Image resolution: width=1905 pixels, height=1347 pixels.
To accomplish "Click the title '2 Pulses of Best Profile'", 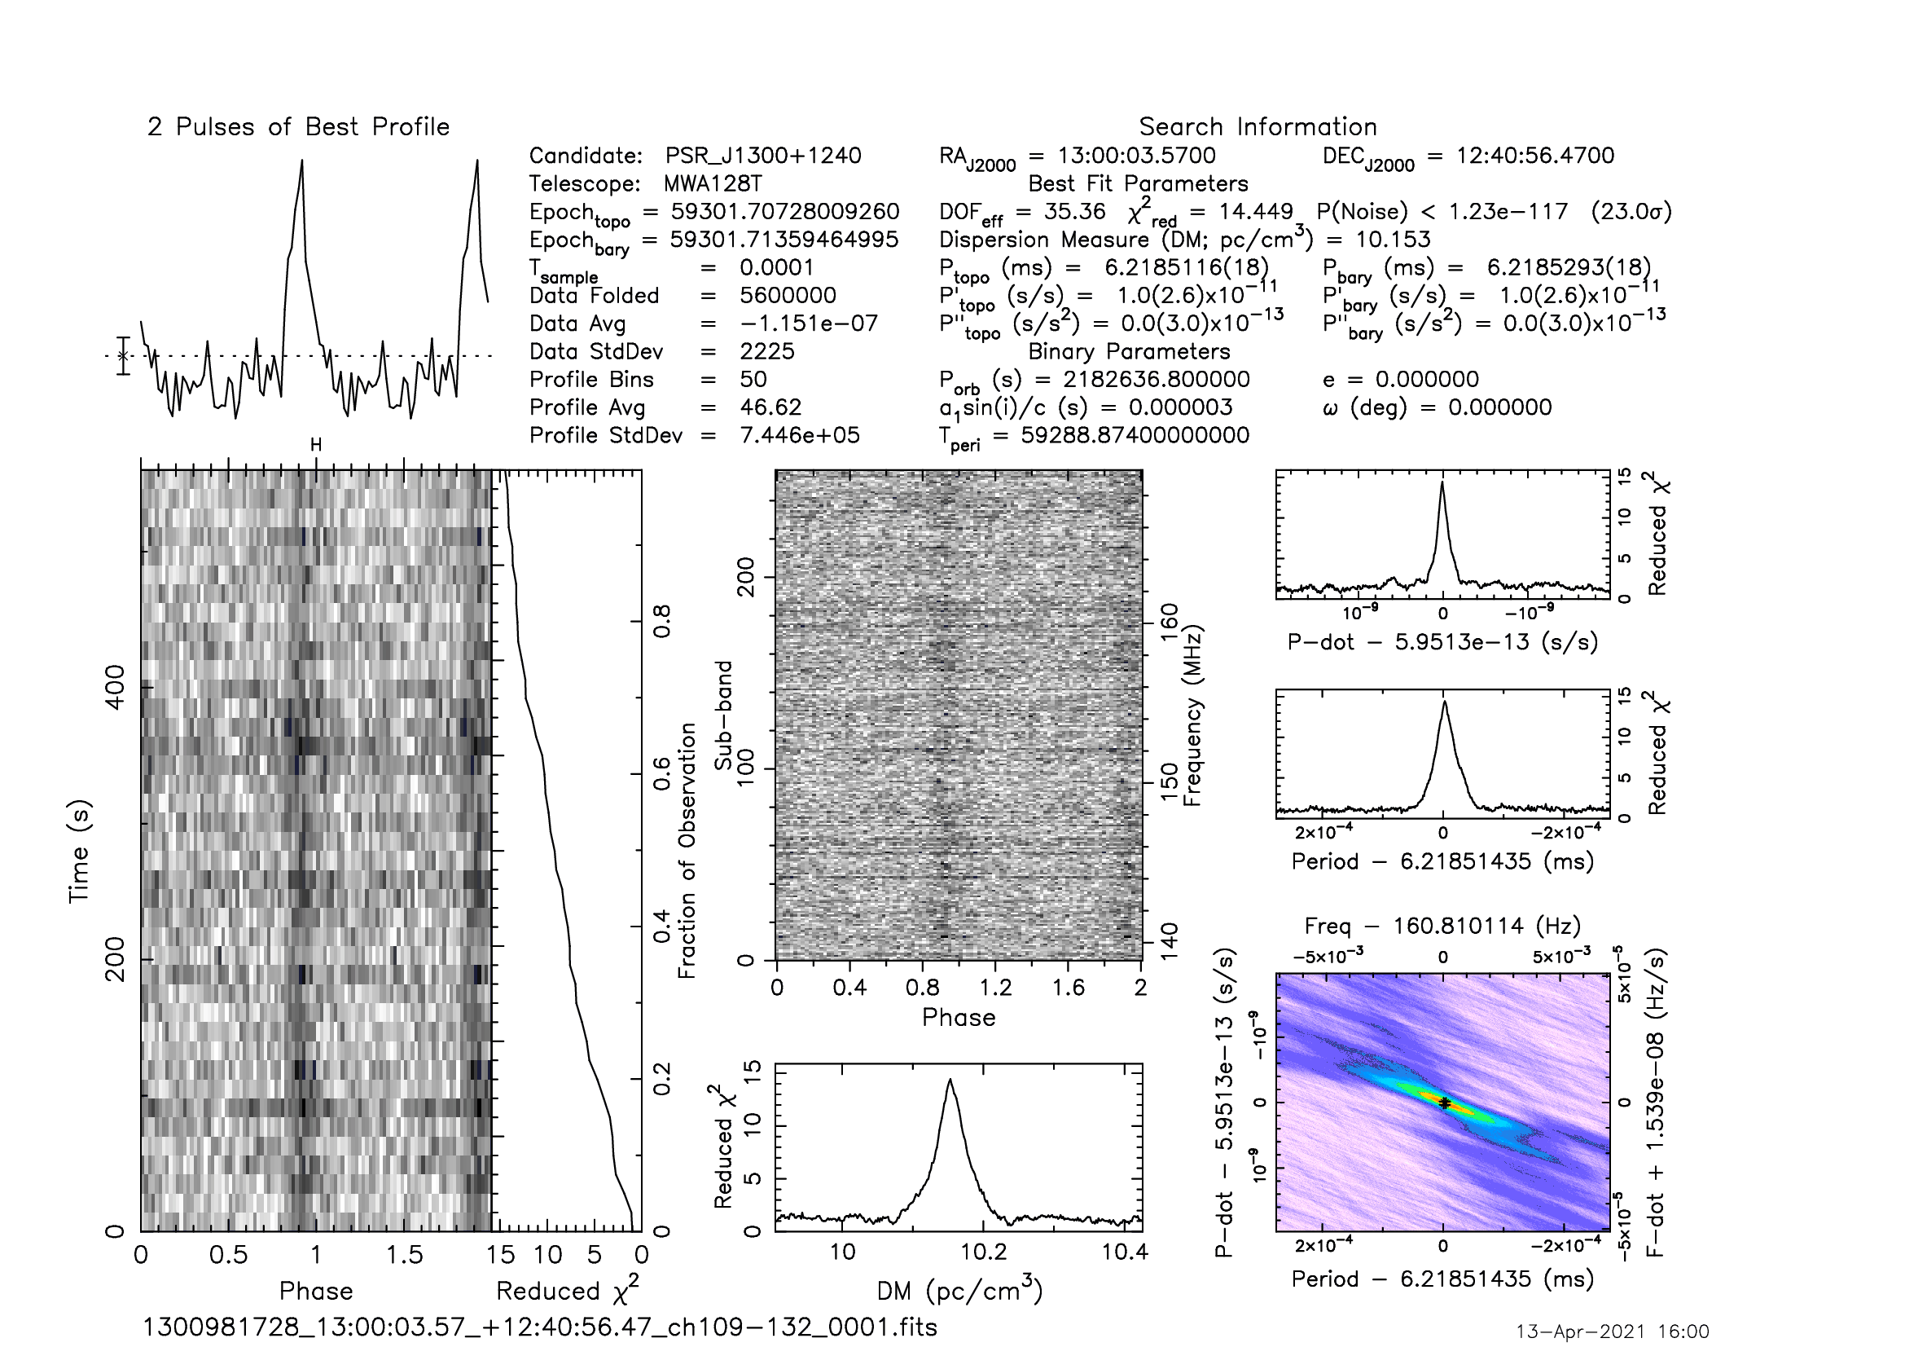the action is coord(299,127).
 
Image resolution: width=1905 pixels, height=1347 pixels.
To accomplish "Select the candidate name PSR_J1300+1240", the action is coord(763,156).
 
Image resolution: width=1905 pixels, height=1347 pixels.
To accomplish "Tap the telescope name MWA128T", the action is coord(713,183).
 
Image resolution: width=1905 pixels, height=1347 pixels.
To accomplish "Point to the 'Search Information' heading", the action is coord(1258,127).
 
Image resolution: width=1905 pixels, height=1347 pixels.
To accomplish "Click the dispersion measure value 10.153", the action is coord(1393,240).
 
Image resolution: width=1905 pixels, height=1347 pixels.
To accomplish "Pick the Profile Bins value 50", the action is coord(753,379).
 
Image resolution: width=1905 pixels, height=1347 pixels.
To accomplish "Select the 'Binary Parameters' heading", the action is coord(1129,352).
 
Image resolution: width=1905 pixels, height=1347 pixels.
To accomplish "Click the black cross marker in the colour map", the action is coord(1445,1103).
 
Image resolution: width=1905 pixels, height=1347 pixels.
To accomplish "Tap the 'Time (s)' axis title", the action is coord(79,852).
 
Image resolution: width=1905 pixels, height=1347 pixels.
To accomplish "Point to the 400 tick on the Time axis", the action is coord(116,687).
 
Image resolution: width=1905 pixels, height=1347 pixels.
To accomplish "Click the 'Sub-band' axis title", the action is coord(724,715).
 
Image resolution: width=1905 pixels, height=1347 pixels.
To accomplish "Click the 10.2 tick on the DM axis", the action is coord(984,1252).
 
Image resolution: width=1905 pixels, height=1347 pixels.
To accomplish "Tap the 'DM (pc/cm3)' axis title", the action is coord(960,1290).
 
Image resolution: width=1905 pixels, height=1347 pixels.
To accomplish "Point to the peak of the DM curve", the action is coord(950,1079).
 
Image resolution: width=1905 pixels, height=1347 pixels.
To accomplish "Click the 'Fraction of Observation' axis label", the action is coord(688,851).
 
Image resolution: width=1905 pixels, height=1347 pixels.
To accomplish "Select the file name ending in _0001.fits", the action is coord(540,1327).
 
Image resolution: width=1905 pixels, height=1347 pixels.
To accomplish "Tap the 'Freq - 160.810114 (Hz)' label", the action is coord(1443,926).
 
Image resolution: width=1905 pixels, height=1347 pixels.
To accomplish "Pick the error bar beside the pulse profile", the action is coord(124,356).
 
